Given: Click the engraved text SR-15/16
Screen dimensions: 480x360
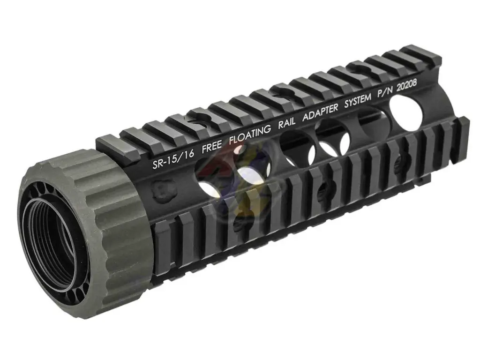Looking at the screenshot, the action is [173, 158].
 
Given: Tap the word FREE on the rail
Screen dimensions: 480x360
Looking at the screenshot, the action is [212, 146].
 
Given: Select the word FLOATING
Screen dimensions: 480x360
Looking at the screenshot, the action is [250, 135].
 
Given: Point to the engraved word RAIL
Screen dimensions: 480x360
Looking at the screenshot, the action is [287, 123].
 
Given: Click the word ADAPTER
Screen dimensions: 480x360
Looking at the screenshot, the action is [321, 112].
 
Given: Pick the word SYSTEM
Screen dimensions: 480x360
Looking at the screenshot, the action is [358, 100].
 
